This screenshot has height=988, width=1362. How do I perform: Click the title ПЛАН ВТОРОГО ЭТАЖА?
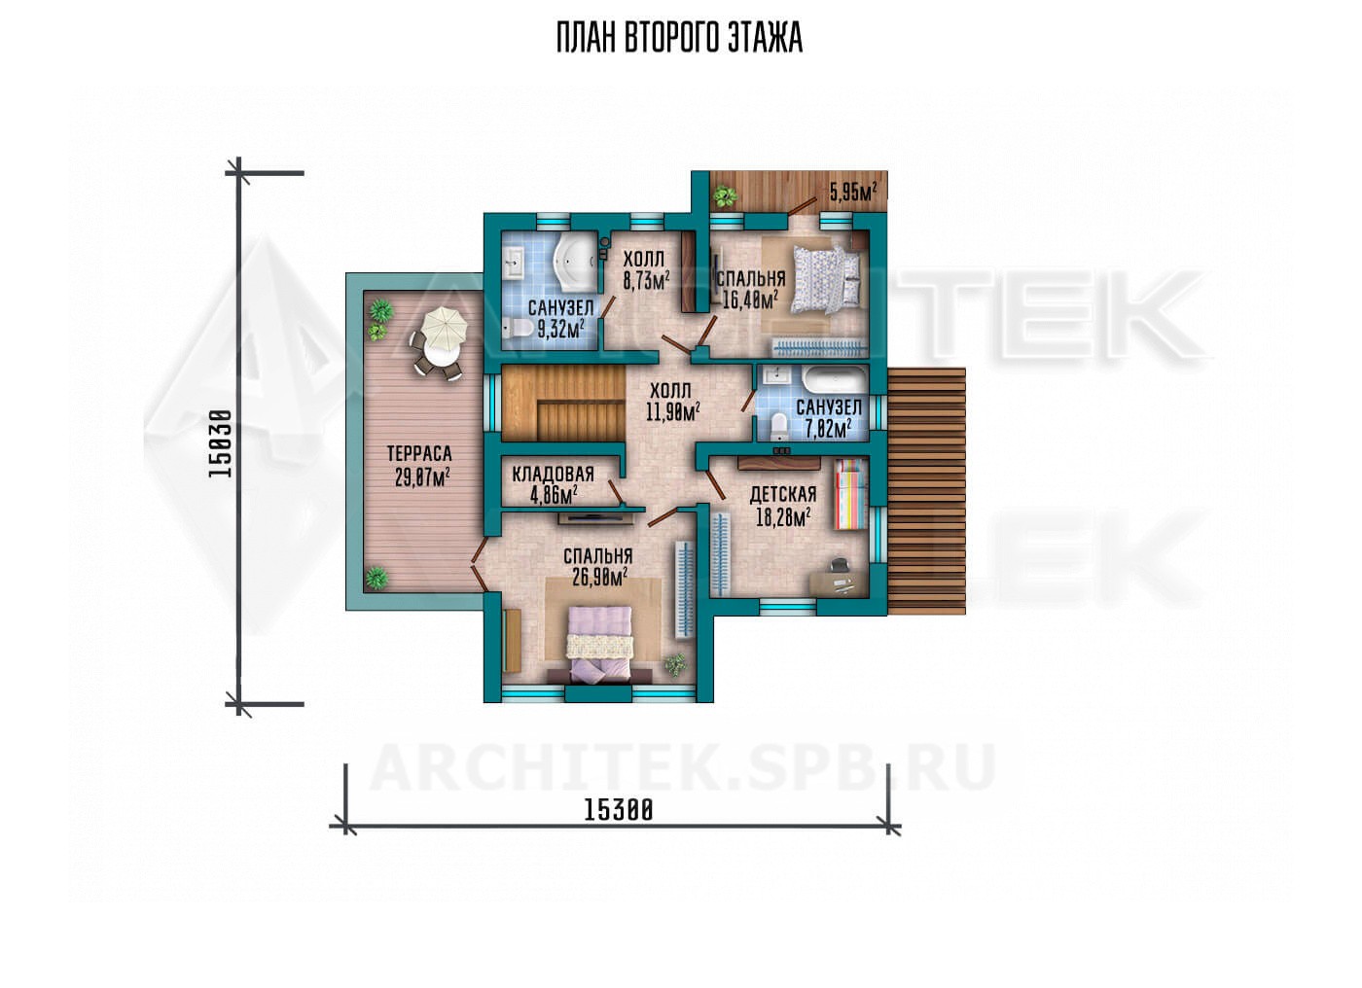pos(679,38)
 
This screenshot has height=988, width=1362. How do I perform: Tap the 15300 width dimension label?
pos(619,810)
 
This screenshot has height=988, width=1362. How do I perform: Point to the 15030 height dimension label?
pos(220,443)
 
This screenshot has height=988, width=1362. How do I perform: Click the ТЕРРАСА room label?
pos(419,453)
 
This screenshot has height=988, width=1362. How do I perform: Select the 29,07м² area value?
pos(422,477)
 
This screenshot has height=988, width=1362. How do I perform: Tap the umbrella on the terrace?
pos(444,328)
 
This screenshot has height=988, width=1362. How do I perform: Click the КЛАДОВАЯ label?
pos(553,474)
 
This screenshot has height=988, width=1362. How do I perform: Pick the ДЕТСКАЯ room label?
pos(782,495)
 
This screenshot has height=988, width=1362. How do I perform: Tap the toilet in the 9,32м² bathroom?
pos(518,329)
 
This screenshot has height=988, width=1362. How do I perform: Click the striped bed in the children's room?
pos(850,494)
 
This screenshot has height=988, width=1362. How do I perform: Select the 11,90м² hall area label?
pos(672,412)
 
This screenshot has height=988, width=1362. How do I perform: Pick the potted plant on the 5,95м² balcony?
pos(725,195)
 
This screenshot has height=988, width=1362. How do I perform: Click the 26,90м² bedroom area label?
pos(599,577)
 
